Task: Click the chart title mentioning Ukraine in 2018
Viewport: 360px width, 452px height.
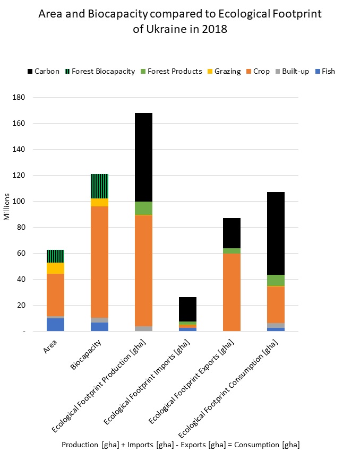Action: click(x=180, y=22)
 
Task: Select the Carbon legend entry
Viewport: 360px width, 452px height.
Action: click(x=47, y=71)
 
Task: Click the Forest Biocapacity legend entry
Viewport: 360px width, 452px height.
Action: click(x=103, y=71)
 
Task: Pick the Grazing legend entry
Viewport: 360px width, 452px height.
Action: click(x=227, y=71)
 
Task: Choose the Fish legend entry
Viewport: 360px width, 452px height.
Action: click(x=328, y=71)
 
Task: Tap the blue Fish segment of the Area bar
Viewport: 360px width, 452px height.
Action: click(x=55, y=325)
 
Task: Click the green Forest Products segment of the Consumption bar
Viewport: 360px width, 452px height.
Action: click(x=276, y=280)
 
